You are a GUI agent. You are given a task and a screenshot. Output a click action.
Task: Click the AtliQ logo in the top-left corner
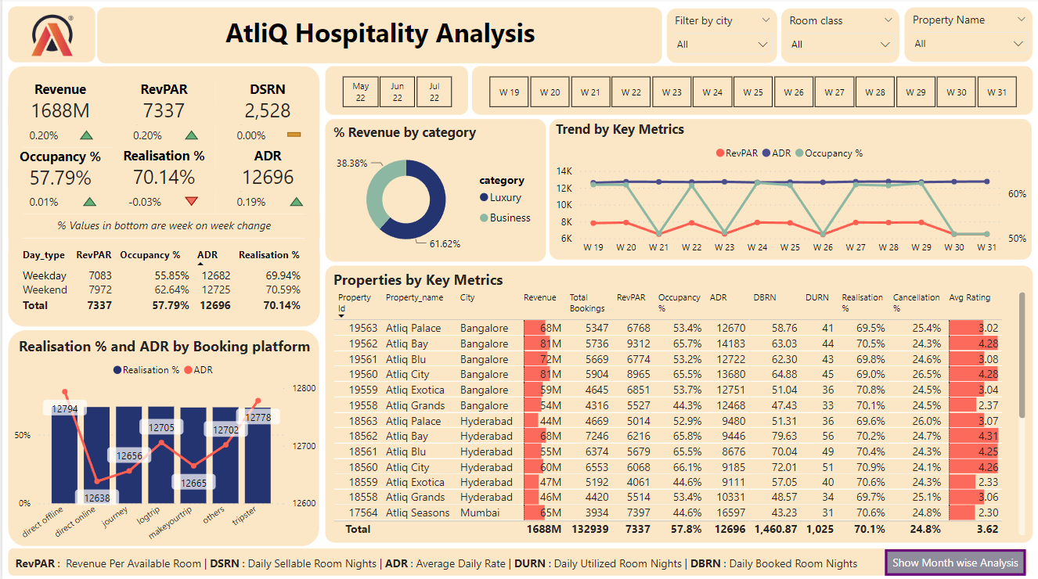(x=52, y=35)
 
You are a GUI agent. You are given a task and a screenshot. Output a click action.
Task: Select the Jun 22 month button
(x=398, y=92)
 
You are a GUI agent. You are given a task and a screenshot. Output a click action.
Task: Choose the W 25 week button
(x=752, y=92)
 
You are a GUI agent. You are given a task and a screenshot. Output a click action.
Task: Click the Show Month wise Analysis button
(x=955, y=563)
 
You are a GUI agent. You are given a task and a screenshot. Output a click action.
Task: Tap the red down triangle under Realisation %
(x=192, y=202)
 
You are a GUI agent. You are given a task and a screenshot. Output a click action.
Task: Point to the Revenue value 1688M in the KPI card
(x=60, y=111)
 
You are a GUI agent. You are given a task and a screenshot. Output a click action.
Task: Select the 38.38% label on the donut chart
(x=351, y=163)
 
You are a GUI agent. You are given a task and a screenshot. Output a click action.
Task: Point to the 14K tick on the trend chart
(x=564, y=171)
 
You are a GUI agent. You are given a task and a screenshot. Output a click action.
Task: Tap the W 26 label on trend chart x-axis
(x=823, y=247)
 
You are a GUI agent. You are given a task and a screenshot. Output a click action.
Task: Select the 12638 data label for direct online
(x=97, y=498)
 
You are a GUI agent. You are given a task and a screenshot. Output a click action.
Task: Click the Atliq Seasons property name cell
(x=417, y=513)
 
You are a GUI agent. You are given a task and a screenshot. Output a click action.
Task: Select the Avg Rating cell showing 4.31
(x=988, y=436)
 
